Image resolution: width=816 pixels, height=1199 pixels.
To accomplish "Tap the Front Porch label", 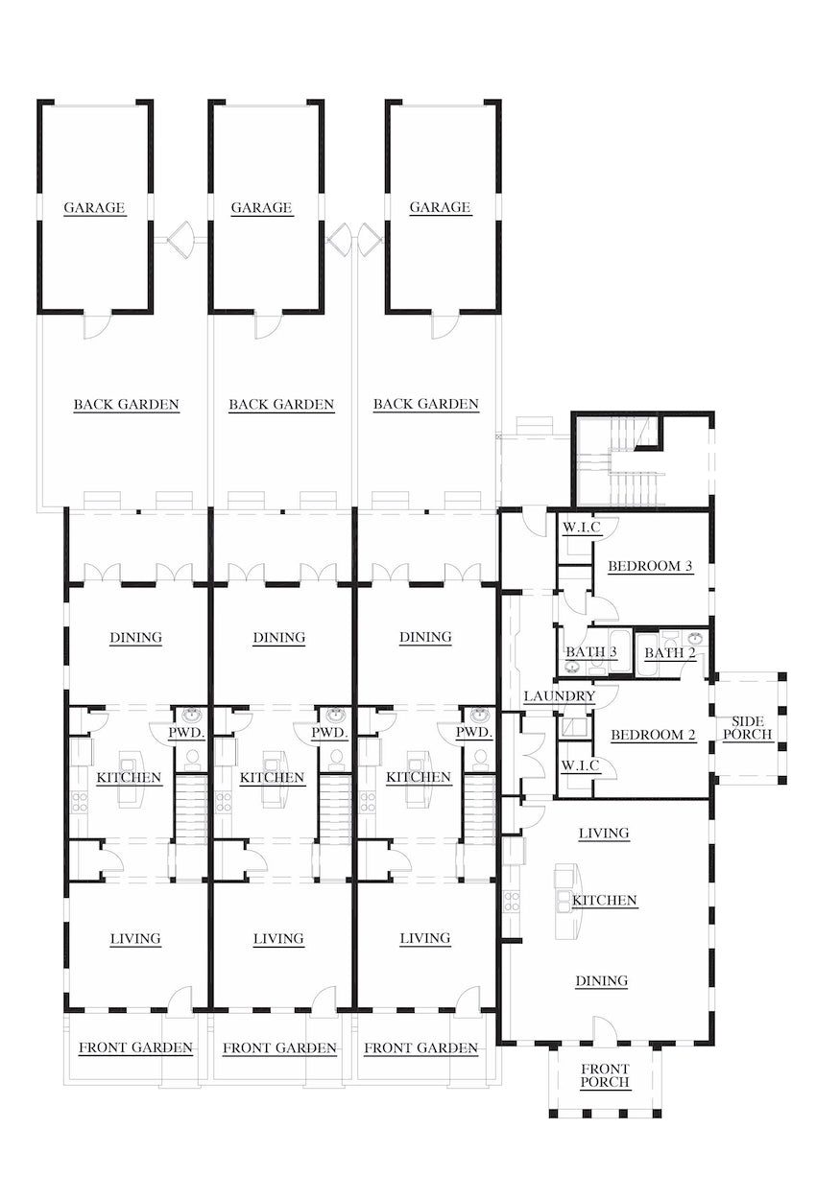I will pos(605,1075).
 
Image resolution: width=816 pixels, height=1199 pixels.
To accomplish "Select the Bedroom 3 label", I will pos(651,566).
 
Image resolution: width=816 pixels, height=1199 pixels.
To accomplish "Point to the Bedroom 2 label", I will pos(653,735).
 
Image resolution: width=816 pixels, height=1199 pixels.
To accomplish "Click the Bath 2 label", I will pos(670,653).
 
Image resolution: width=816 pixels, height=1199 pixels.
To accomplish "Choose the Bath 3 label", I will pos(590,652).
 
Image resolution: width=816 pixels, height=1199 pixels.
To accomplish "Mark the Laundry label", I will pos(559,695).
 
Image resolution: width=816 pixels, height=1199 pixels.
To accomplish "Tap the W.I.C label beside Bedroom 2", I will pos(581,764).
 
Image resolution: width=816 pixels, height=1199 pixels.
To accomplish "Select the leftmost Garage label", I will pos(95,207).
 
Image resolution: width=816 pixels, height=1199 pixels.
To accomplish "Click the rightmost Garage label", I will pos(440,207).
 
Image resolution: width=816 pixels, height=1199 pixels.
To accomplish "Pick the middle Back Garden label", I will pos(281,405).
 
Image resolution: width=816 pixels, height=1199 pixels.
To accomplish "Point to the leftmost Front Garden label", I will pos(135,1047).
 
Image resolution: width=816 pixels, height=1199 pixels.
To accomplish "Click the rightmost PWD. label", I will pos(474,733).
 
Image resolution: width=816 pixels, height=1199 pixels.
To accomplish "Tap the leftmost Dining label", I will pos(135,637).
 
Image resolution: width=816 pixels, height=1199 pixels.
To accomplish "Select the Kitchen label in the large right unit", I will pos(605,901).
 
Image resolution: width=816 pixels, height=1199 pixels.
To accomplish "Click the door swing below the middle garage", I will pos(267,325).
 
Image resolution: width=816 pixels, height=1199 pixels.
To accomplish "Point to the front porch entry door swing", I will pos(604,1030).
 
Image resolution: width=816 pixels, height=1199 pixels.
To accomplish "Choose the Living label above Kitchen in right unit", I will pos(604,834).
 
